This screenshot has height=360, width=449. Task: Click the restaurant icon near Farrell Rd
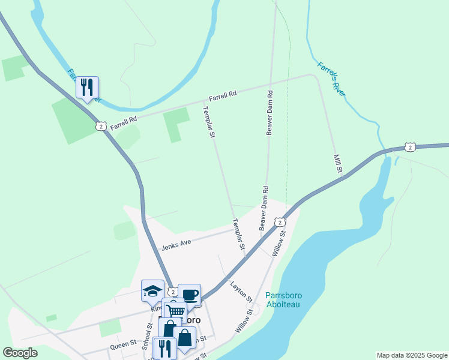tap(87, 88)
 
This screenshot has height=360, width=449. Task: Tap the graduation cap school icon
tap(152, 291)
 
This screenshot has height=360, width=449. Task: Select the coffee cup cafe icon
tap(189, 295)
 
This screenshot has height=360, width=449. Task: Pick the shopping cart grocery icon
tap(175, 310)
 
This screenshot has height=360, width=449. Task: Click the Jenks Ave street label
tap(176, 243)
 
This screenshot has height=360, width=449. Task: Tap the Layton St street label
tap(241, 292)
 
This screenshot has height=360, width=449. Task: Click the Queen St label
tap(123, 347)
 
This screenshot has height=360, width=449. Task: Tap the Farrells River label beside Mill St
tap(332, 79)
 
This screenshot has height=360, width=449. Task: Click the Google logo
tap(20, 353)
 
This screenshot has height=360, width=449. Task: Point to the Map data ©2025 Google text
tap(412, 355)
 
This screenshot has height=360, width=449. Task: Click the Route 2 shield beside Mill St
tap(409, 147)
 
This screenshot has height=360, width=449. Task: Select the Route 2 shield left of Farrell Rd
tap(100, 126)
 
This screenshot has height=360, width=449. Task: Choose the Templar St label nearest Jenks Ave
tap(239, 235)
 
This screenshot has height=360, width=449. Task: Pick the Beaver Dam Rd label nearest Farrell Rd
tap(270, 113)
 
